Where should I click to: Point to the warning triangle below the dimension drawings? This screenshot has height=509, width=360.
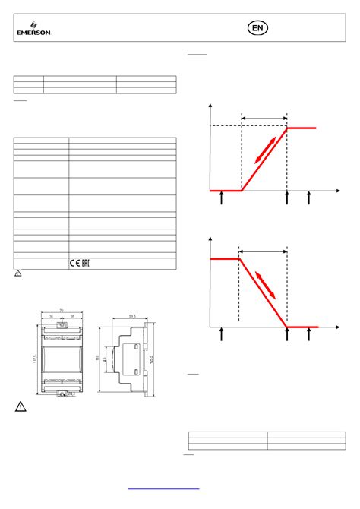pos(22,408)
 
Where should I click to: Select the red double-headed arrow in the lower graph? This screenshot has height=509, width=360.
pos(266,283)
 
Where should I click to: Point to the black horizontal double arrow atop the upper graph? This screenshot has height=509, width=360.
pos(264,116)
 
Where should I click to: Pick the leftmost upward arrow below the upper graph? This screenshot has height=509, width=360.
pos(221,198)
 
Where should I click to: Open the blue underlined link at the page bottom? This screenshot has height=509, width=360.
pos(163,489)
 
